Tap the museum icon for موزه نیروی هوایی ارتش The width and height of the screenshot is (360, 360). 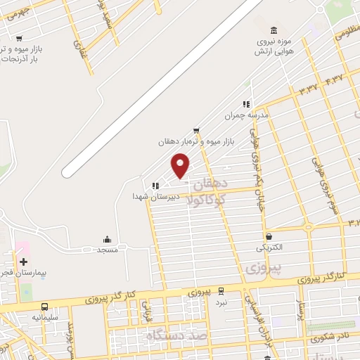pyautogui.click(x=274, y=30)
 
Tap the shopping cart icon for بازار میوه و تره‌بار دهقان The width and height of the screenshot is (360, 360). pyautogui.click(x=196, y=130)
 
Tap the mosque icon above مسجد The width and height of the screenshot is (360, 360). pyautogui.click(x=107, y=239)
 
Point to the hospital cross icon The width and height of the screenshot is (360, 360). pyautogui.click(x=23, y=262)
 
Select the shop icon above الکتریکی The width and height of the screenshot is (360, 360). pyautogui.click(x=269, y=237)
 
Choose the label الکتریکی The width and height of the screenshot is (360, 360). pyautogui.click(x=269, y=247)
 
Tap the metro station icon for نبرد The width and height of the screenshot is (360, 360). pyautogui.click(x=221, y=290)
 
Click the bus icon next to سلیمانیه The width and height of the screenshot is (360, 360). pyautogui.click(x=45, y=307)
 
